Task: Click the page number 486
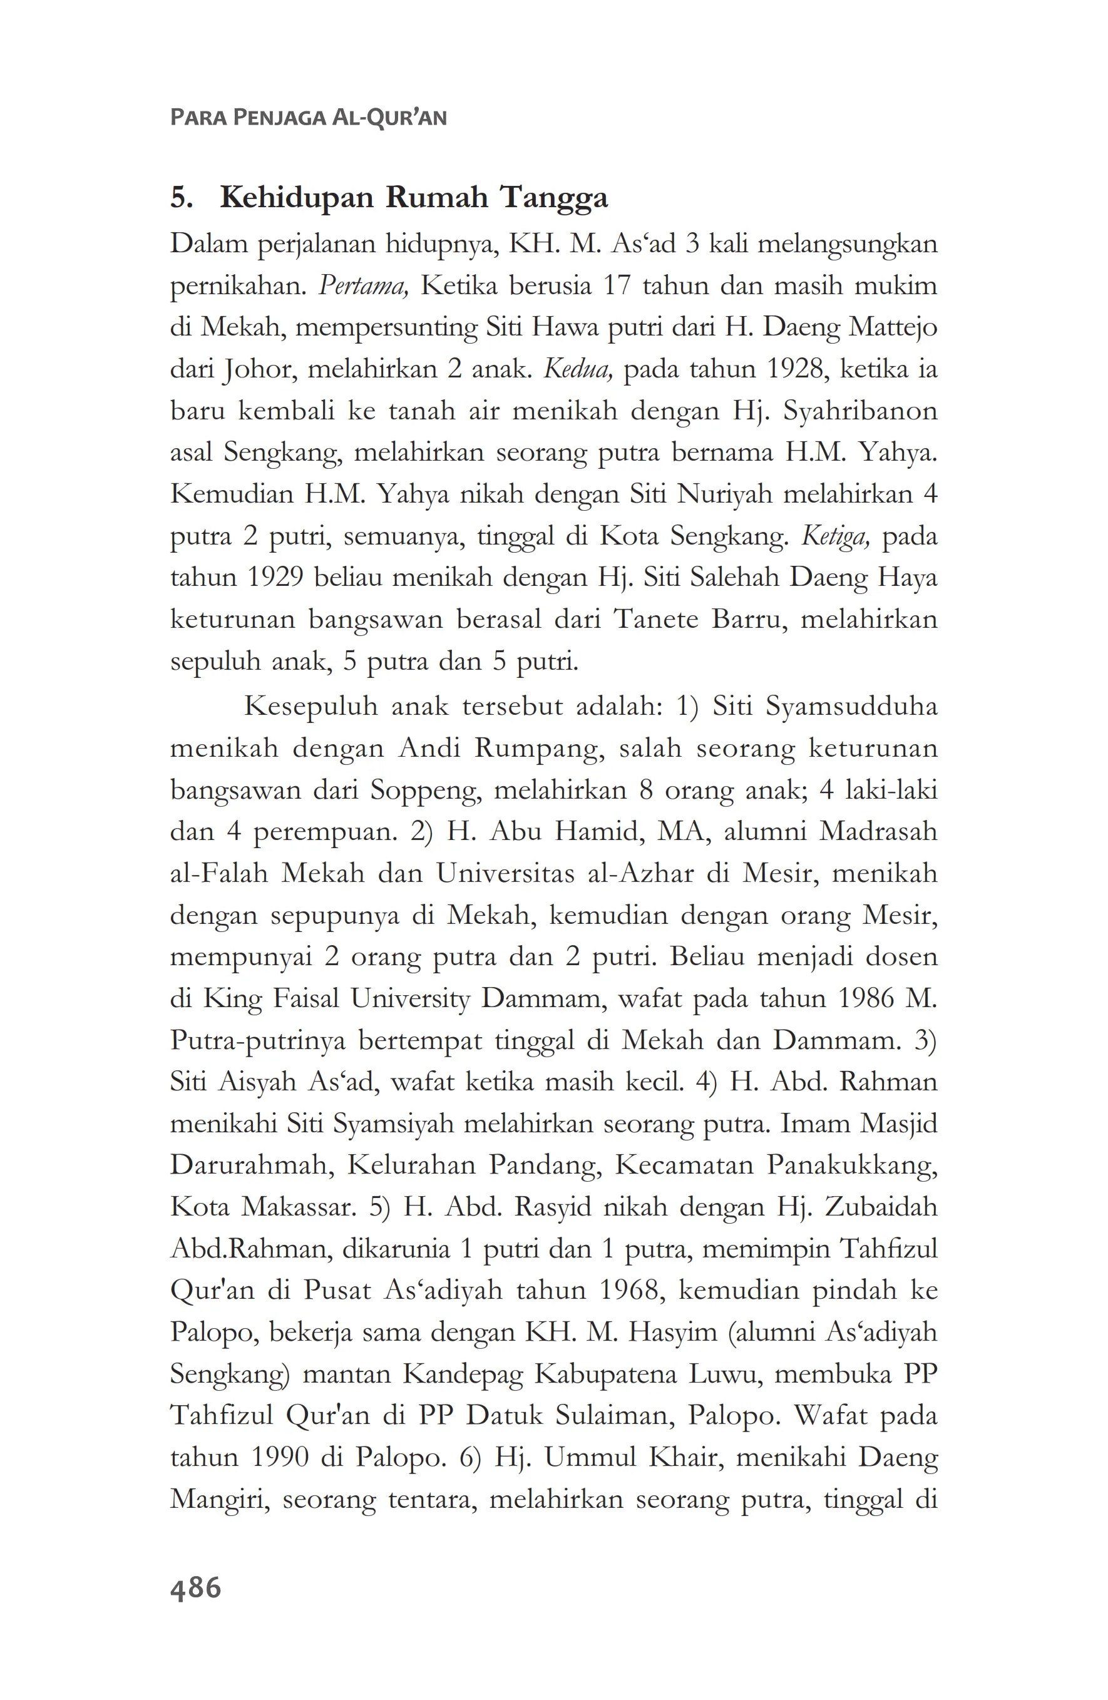pos(195,1588)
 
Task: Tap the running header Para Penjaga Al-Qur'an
pos(308,117)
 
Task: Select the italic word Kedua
pos(577,369)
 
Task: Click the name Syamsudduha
pos(851,707)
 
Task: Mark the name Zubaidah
pos(880,1207)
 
